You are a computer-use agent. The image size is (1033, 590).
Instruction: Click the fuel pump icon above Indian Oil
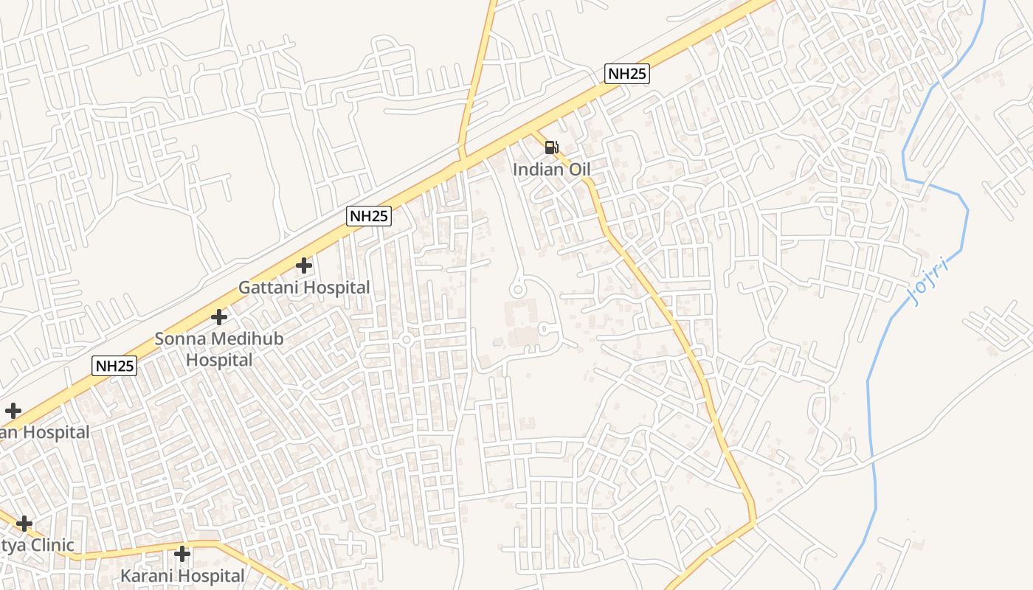(x=551, y=147)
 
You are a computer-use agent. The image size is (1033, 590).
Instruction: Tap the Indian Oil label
(x=551, y=170)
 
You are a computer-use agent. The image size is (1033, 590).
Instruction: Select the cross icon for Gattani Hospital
(x=304, y=265)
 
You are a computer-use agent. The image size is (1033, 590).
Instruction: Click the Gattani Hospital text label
(x=304, y=288)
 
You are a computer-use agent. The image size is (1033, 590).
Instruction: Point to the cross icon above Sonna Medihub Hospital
(x=219, y=317)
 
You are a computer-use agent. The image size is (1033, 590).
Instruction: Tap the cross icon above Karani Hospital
(x=182, y=553)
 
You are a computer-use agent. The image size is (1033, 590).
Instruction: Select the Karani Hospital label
(x=182, y=575)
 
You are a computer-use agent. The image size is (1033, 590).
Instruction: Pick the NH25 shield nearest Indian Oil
(x=627, y=74)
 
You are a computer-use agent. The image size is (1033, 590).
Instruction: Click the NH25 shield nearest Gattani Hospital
(x=369, y=216)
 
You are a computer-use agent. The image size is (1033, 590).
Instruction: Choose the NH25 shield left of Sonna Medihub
(x=115, y=365)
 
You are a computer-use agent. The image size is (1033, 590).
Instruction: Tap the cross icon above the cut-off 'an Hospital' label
(x=13, y=411)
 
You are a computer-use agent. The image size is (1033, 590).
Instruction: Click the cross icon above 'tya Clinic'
(x=24, y=524)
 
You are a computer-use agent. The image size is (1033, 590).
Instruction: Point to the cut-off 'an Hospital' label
(x=44, y=432)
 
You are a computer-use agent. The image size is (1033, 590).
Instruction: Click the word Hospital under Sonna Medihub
(x=219, y=360)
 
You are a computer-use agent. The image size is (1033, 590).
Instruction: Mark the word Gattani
(x=269, y=288)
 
